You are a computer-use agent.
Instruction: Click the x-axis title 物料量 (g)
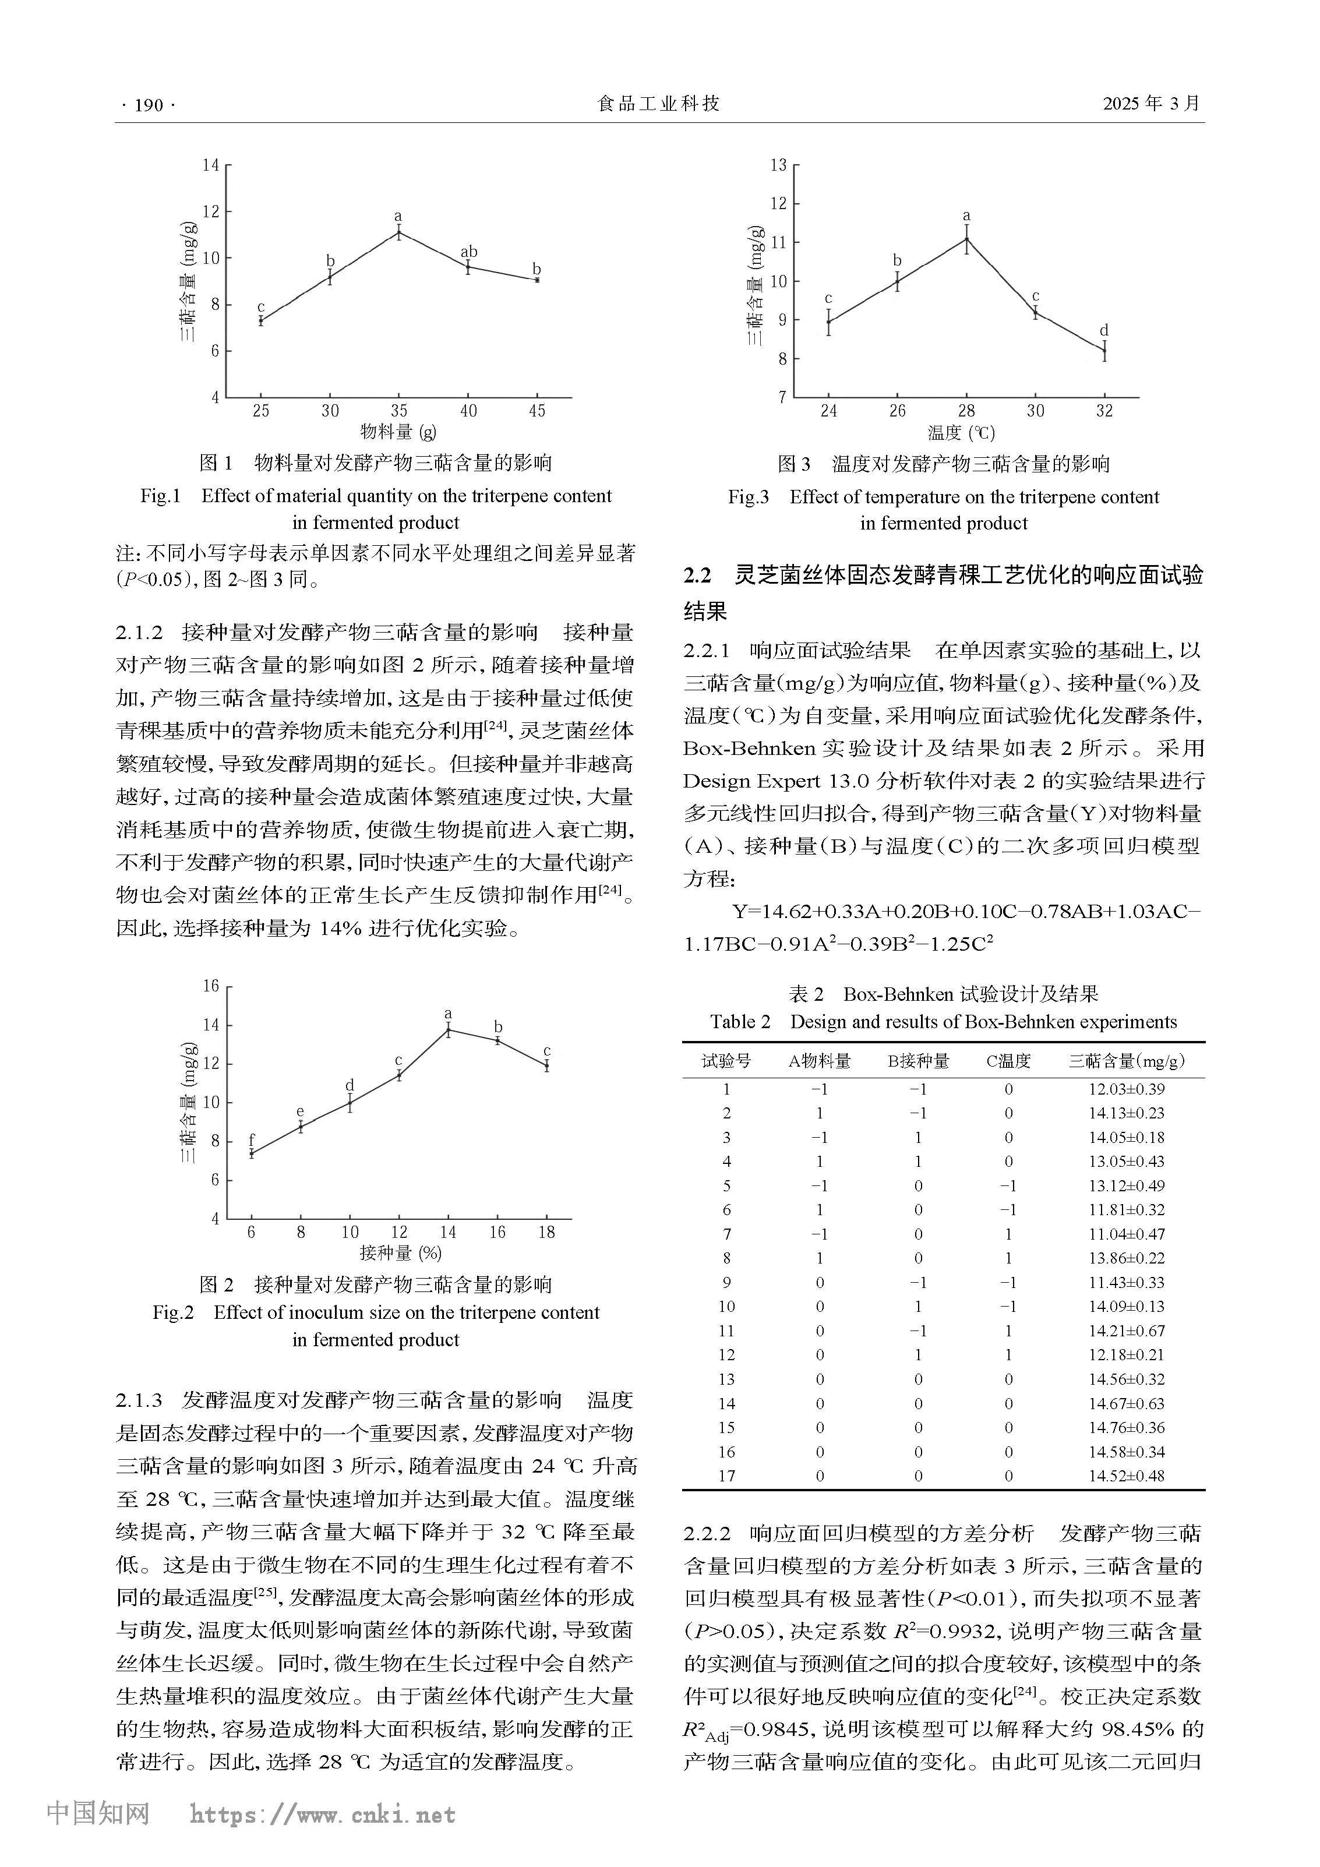(x=398, y=433)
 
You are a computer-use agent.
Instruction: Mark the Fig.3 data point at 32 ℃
(x=1104, y=351)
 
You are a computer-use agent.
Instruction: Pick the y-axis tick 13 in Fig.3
(x=778, y=165)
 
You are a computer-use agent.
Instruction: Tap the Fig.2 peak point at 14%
(x=448, y=1030)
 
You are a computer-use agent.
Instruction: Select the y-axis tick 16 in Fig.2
(x=211, y=986)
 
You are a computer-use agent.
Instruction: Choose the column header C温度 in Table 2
(x=1008, y=1061)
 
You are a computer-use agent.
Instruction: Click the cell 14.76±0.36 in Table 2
(x=1127, y=1427)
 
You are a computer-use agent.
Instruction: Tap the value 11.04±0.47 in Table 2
(x=1127, y=1234)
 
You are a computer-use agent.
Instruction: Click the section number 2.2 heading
(x=697, y=576)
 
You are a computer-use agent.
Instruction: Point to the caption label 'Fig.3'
(x=747, y=497)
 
